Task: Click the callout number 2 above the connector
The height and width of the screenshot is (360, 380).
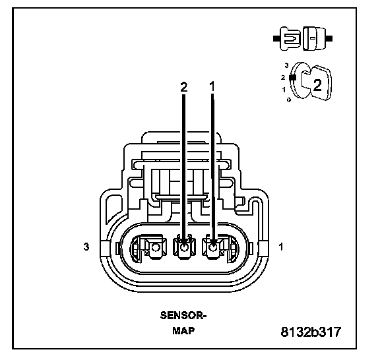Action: [184, 86]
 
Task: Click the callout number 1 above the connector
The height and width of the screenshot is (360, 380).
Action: [212, 86]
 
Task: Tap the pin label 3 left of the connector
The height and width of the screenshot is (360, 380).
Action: [86, 247]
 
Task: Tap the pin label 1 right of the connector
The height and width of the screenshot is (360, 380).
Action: [281, 247]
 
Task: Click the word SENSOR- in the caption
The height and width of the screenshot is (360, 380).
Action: [183, 315]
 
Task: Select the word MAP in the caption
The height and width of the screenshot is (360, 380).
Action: [183, 331]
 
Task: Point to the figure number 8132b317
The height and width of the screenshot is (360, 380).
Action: [311, 332]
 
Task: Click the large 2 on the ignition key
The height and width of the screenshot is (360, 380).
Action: [317, 85]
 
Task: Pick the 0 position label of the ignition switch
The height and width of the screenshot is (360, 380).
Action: [289, 100]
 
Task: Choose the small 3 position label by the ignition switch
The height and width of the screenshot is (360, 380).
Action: [287, 65]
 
